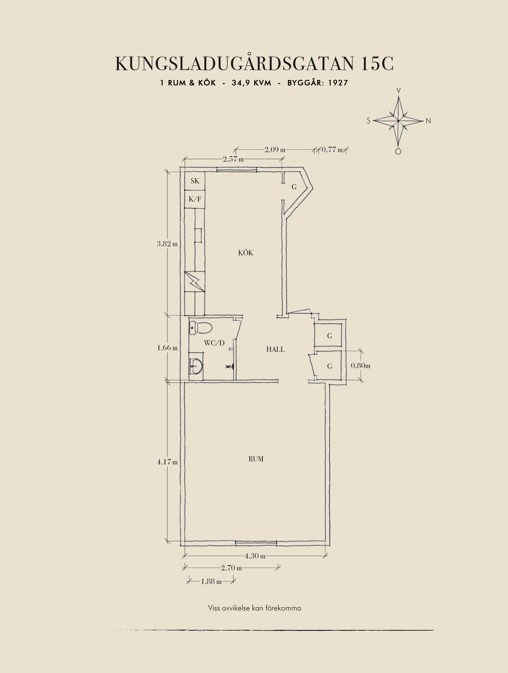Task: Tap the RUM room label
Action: coord(256,459)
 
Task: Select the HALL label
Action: coord(276,349)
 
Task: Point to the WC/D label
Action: coord(214,343)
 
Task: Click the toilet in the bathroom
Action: coord(201,328)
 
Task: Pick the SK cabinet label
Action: coord(195,181)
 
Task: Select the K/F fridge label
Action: coord(195,199)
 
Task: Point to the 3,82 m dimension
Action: coord(167,244)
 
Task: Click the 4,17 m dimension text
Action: coord(167,462)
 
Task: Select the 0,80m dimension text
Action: coord(361,365)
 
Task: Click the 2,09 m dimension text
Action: coord(275,150)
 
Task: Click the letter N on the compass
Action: coord(428,121)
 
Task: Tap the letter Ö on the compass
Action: coord(398,151)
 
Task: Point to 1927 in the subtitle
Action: coord(338,83)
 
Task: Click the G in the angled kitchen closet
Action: coord(294,187)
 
